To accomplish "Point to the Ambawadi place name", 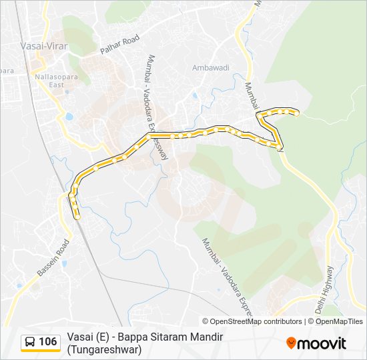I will (211, 68).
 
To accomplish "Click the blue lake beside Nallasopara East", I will (69, 117).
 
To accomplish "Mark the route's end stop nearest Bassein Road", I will (77, 217).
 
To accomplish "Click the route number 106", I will (47, 342).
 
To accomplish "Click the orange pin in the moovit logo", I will (291, 343).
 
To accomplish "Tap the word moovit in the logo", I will (322, 344).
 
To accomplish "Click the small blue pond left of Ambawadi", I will (195, 96).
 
